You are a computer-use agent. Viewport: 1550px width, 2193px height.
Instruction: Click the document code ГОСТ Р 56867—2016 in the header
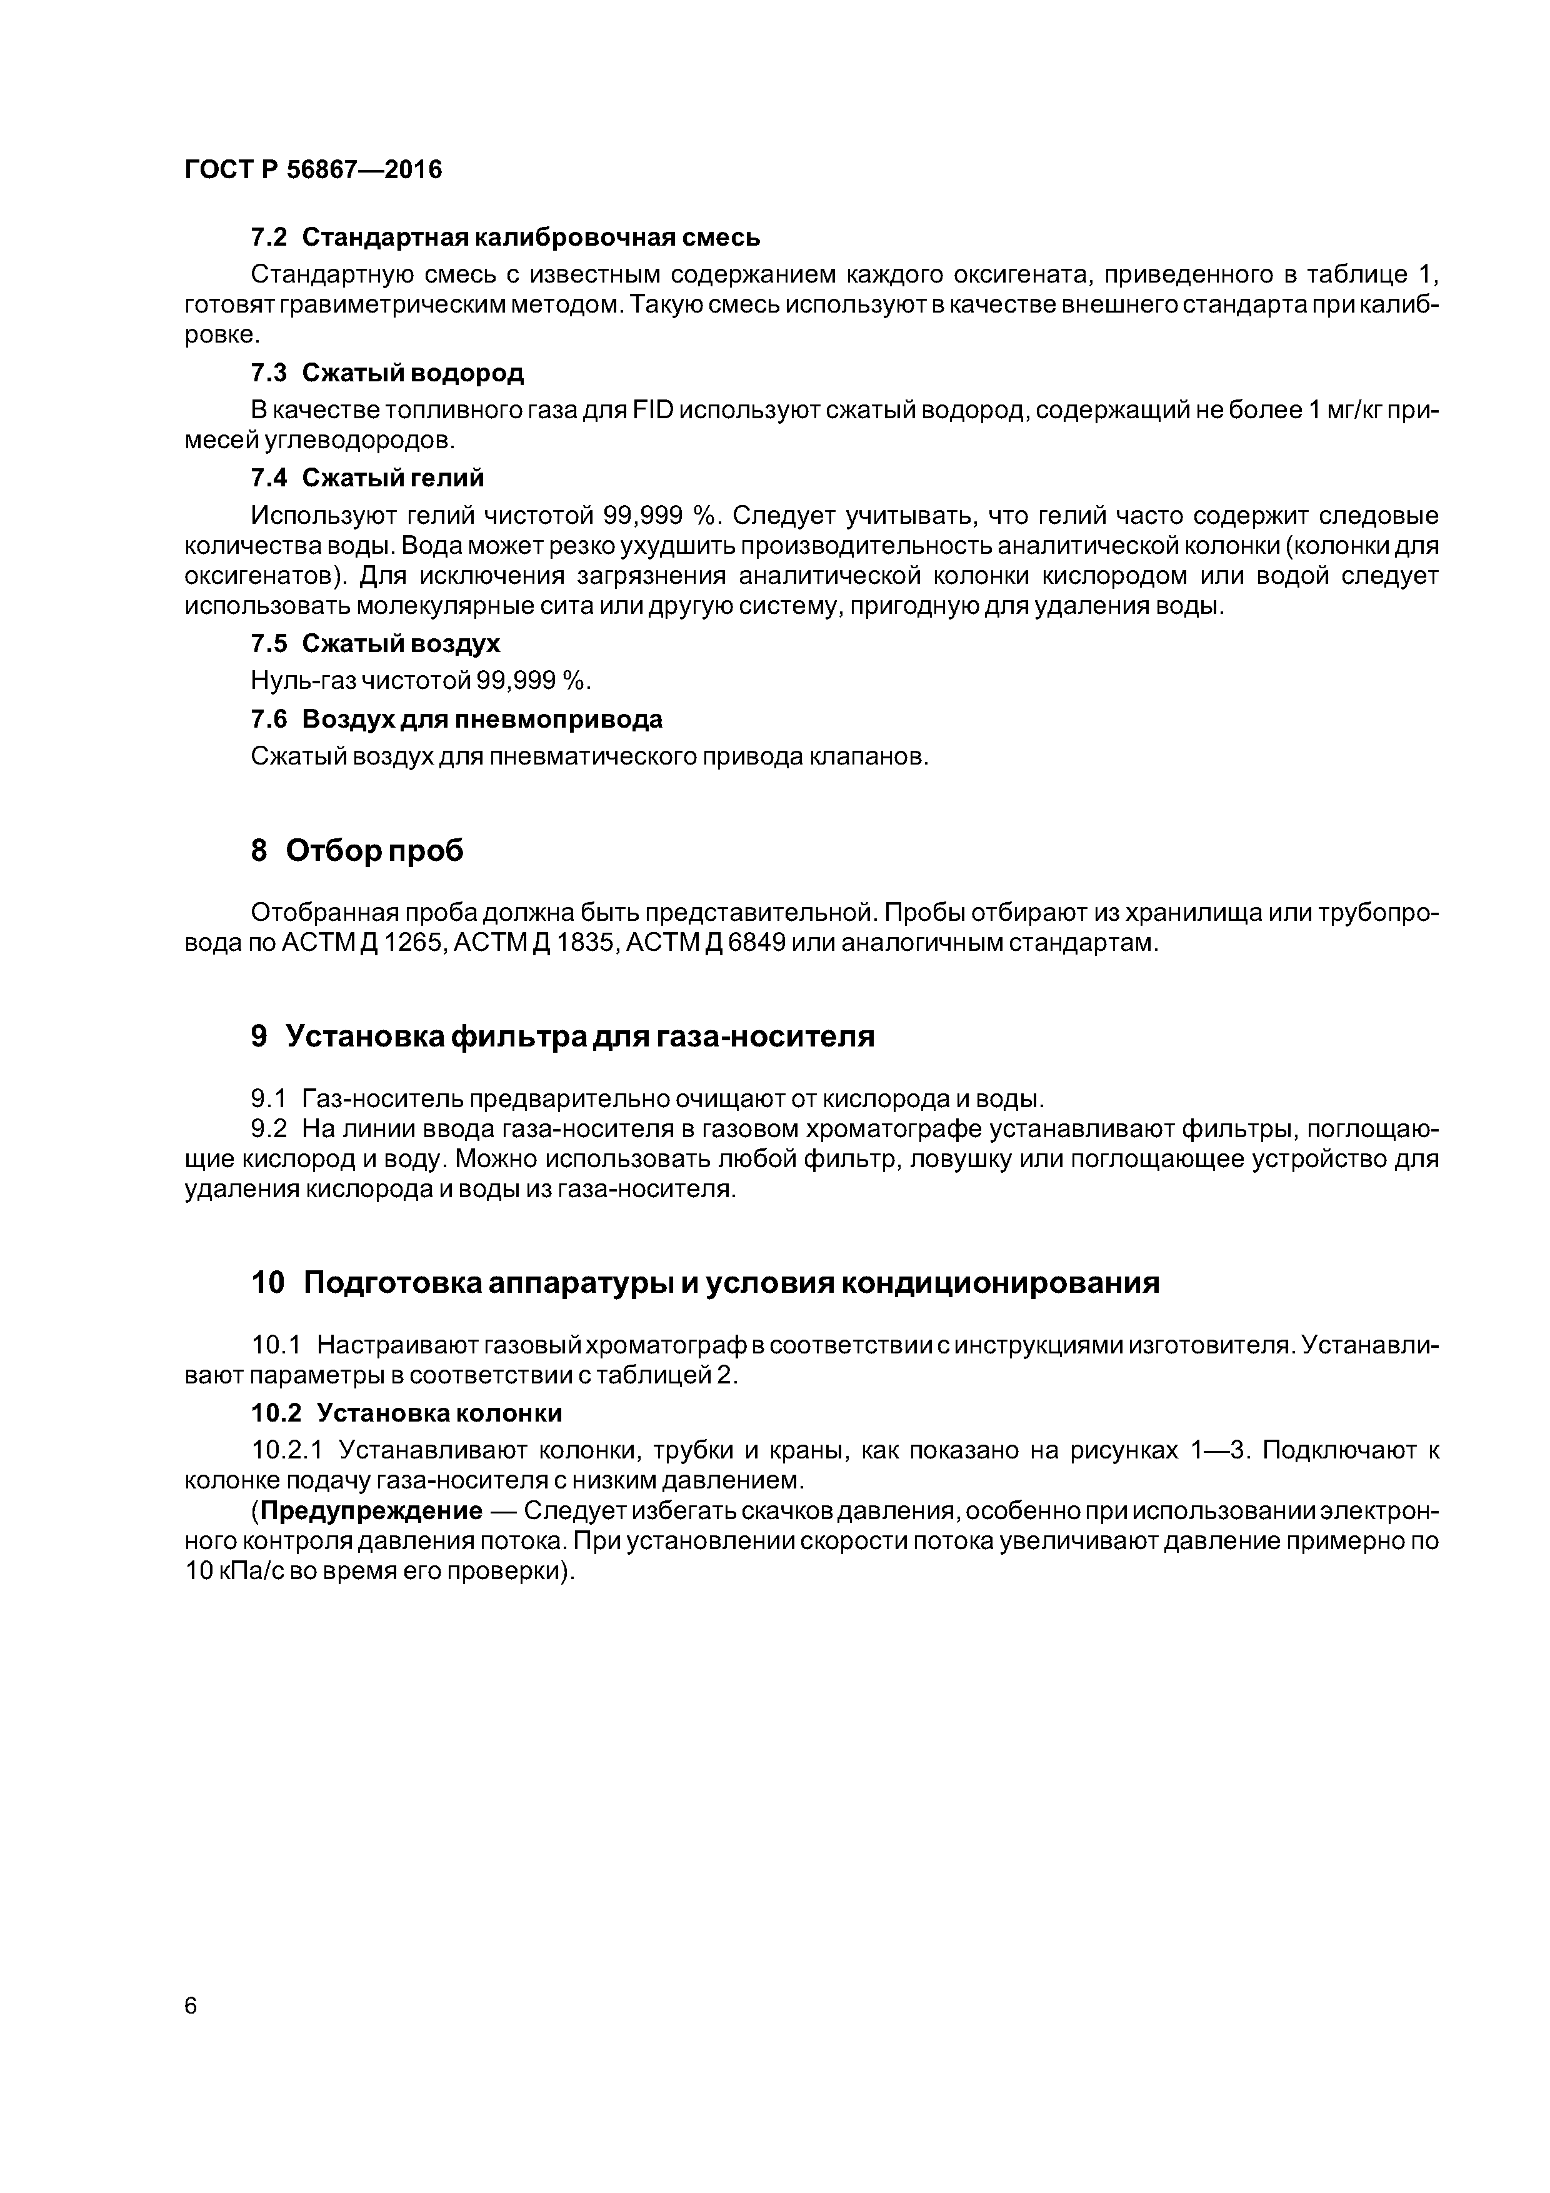coord(313,170)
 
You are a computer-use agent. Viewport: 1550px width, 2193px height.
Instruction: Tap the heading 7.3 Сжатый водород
coord(387,373)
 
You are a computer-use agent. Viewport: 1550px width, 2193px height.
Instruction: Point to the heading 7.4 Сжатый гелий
coord(367,478)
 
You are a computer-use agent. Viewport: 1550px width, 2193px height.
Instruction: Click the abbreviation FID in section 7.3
coord(652,411)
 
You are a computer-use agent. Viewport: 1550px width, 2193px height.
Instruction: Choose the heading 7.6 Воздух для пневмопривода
coord(456,718)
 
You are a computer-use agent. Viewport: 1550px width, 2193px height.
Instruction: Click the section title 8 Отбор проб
coord(356,850)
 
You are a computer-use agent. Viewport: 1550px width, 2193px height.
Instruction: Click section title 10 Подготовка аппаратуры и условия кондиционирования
coord(705,1283)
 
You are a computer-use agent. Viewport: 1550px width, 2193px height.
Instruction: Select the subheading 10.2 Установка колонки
coord(406,1413)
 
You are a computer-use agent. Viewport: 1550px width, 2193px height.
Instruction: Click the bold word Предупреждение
coord(371,1511)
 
